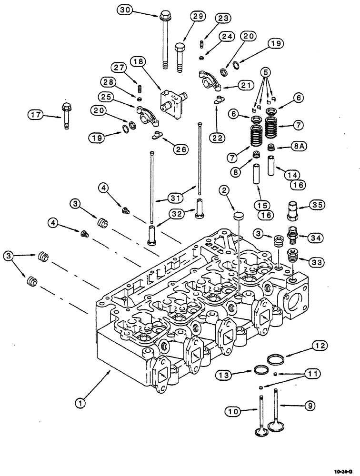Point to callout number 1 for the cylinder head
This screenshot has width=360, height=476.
click(x=81, y=403)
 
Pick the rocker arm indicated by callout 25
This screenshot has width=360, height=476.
click(x=144, y=113)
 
